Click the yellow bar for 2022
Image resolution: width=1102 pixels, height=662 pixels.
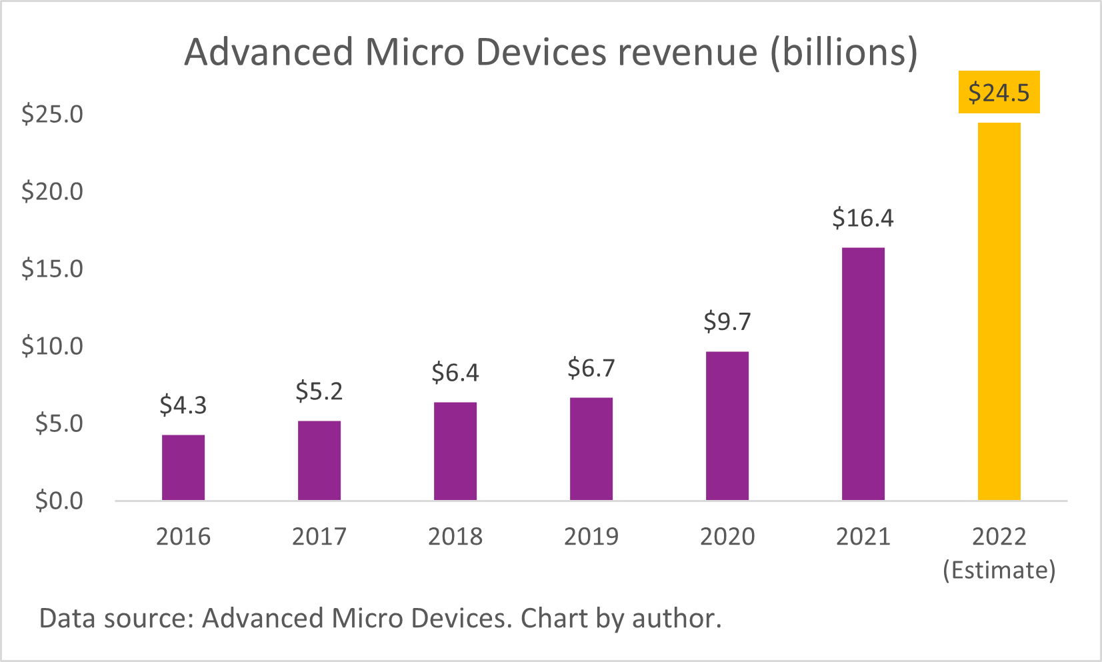[999, 311]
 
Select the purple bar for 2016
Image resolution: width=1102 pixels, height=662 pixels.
[183, 467]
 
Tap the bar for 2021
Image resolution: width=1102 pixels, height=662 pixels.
[863, 374]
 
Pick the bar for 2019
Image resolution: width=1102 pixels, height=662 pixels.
[591, 449]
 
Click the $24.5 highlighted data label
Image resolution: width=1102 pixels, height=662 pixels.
[999, 92]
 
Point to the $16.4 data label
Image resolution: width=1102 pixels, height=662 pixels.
[863, 218]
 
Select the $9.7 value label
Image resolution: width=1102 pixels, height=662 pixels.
[727, 322]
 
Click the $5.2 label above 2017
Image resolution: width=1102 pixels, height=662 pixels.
[319, 391]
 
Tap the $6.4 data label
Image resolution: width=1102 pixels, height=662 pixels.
[455, 373]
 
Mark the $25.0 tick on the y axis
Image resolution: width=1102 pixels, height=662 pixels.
[52, 114]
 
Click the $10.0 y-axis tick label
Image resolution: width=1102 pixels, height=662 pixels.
[52, 346]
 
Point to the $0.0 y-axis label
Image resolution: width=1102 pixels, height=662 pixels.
[59, 501]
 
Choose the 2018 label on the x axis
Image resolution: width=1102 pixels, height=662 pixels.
[455, 537]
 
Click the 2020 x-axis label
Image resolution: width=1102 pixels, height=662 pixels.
[727, 537]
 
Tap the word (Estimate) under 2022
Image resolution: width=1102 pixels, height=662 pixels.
[999, 571]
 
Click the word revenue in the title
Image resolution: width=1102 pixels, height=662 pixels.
[687, 52]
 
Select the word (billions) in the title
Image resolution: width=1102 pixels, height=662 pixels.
[844, 52]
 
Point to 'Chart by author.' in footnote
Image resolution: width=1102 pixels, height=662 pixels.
[621, 619]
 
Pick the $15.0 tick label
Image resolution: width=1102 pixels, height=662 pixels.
[52, 269]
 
